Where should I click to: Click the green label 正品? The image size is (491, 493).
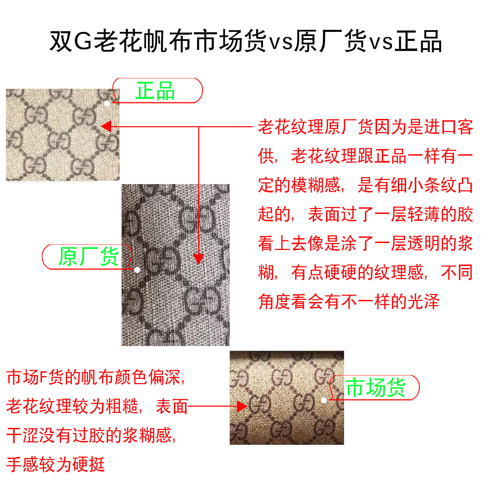(155, 91)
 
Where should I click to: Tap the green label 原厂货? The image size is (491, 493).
(88, 257)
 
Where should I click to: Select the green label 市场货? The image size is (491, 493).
(376, 388)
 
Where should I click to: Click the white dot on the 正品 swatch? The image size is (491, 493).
(107, 104)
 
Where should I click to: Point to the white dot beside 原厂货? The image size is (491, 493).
(137, 270)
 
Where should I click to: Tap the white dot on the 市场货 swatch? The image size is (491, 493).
(324, 400)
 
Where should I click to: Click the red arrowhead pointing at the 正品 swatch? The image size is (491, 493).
(106, 127)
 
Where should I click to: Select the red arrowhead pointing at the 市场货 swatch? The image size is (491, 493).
(242, 407)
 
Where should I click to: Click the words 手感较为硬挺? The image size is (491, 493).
(55, 464)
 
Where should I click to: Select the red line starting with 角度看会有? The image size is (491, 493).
(349, 301)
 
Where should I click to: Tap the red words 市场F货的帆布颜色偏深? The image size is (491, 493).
(93, 378)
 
